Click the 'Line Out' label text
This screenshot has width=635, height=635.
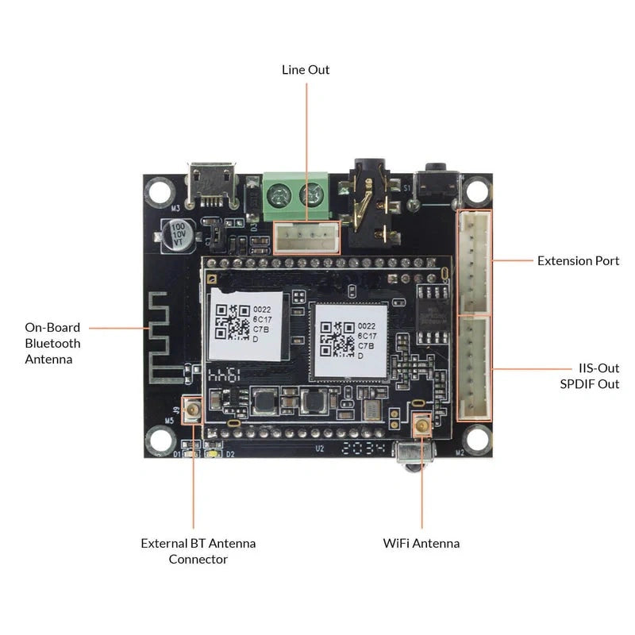306,70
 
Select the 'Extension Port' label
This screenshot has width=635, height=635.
578,260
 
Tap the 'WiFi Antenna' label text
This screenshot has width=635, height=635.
421,544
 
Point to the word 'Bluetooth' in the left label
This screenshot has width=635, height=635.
52,343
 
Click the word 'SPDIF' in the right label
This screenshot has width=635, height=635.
580,384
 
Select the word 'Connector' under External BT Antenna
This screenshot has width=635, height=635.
198,560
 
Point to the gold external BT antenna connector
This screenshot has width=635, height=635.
192,410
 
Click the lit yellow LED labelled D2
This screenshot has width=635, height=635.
212,453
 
